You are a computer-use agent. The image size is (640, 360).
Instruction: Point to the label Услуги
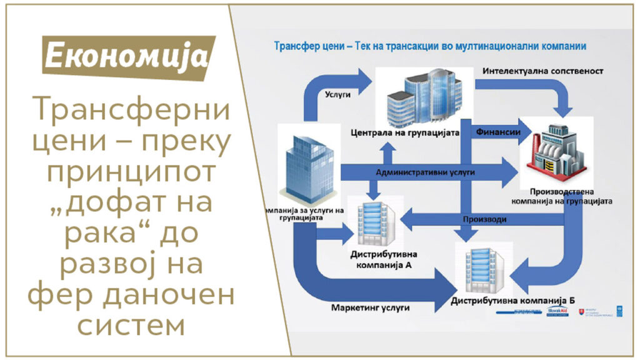click(338, 96)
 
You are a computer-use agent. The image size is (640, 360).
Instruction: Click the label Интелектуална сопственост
click(542, 71)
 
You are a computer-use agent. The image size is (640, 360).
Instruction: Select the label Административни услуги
click(425, 171)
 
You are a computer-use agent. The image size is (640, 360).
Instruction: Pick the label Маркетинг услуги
click(371, 308)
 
